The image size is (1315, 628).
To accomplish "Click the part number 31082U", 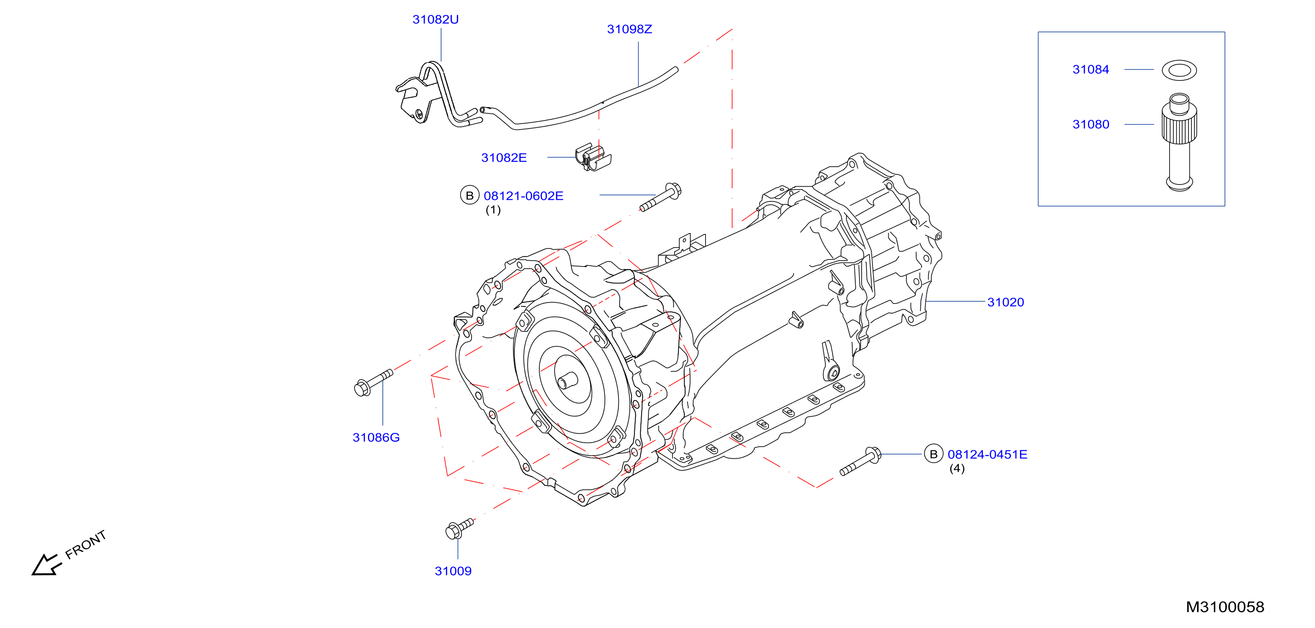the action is (x=435, y=19).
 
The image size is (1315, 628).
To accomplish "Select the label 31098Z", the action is (x=629, y=29).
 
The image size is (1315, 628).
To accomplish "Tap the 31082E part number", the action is (x=504, y=158).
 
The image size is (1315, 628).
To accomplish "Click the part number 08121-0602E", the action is (x=523, y=196).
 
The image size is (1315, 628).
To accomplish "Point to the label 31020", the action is (x=1006, y=302).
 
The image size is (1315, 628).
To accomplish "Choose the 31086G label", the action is (x=376, y=438).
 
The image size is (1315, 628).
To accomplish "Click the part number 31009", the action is (x=453, y=571).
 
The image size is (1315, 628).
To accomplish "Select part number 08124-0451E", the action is (x=987, y=454).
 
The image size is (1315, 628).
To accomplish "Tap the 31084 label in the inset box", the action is (x=1091, y=69).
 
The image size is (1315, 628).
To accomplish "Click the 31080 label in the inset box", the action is (x=1091, y=124).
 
